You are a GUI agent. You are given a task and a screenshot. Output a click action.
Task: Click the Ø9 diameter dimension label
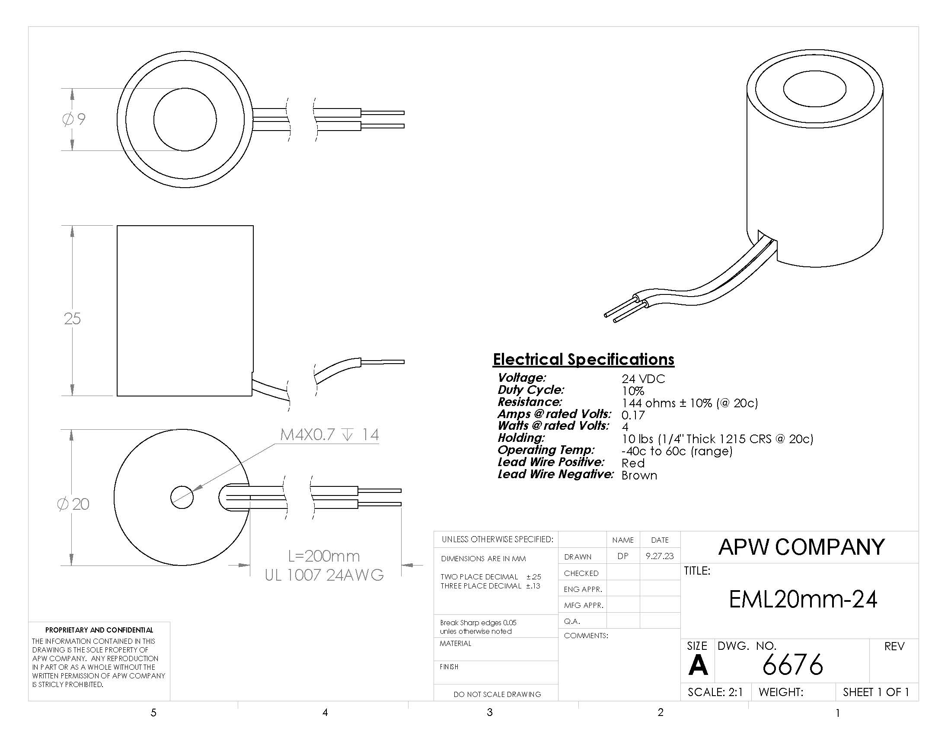click(x=74, y=119)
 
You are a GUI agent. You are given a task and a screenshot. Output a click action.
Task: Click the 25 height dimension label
click(x=72, y=318)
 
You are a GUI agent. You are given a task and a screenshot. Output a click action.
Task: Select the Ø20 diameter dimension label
click(x=73, y=504)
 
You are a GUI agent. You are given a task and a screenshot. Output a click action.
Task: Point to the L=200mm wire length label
click(x=324, y=556)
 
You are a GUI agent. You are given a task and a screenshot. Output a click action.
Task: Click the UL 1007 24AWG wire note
click(x=324, y=575)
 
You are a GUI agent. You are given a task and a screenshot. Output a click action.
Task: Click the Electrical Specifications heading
click(x=584, y=359)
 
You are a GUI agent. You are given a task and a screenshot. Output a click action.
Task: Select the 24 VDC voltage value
click(x=643, y=379)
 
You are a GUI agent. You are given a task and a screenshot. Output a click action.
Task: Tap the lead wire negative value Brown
click(x=639, y=475)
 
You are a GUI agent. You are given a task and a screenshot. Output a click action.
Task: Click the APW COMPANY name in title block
click(x=801, y=547)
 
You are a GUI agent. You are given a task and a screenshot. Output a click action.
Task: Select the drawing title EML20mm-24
click(x=803, y=599)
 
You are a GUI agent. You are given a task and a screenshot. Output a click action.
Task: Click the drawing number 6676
click(x=792, y=665)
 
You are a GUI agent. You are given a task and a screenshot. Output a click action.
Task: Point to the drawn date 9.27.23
click(x=660, y=556)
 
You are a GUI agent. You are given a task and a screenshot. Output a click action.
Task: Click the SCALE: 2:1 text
click(x=715, y=692)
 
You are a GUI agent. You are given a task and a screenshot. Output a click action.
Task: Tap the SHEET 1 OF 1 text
click(x=876, y=692)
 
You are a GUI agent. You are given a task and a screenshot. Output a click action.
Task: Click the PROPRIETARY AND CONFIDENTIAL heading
click(x=99, y=630)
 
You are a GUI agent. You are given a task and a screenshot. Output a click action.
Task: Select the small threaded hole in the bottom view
click(x=182, y=497)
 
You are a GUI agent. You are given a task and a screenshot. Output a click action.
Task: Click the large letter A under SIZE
click(x=698, y=665)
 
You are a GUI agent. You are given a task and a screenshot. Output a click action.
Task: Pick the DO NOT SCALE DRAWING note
click(x=497, y=694)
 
